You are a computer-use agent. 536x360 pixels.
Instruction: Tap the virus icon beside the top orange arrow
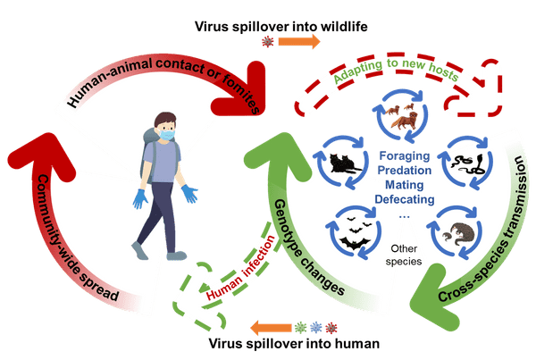[x=264, y=42]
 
